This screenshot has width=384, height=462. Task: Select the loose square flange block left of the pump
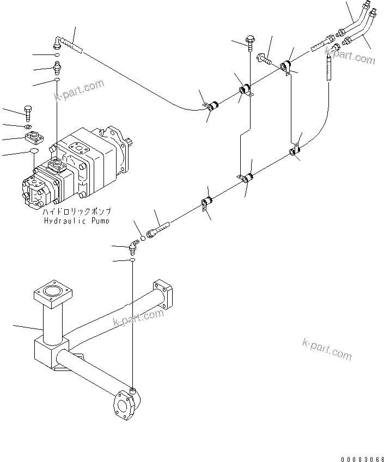point(34,136)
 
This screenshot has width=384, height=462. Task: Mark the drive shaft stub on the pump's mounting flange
point(129,143)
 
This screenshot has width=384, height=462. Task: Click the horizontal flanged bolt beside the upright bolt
point(264,58)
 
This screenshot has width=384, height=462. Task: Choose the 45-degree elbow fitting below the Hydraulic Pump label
point(132,248)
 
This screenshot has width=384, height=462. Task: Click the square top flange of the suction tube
point(52,294)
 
